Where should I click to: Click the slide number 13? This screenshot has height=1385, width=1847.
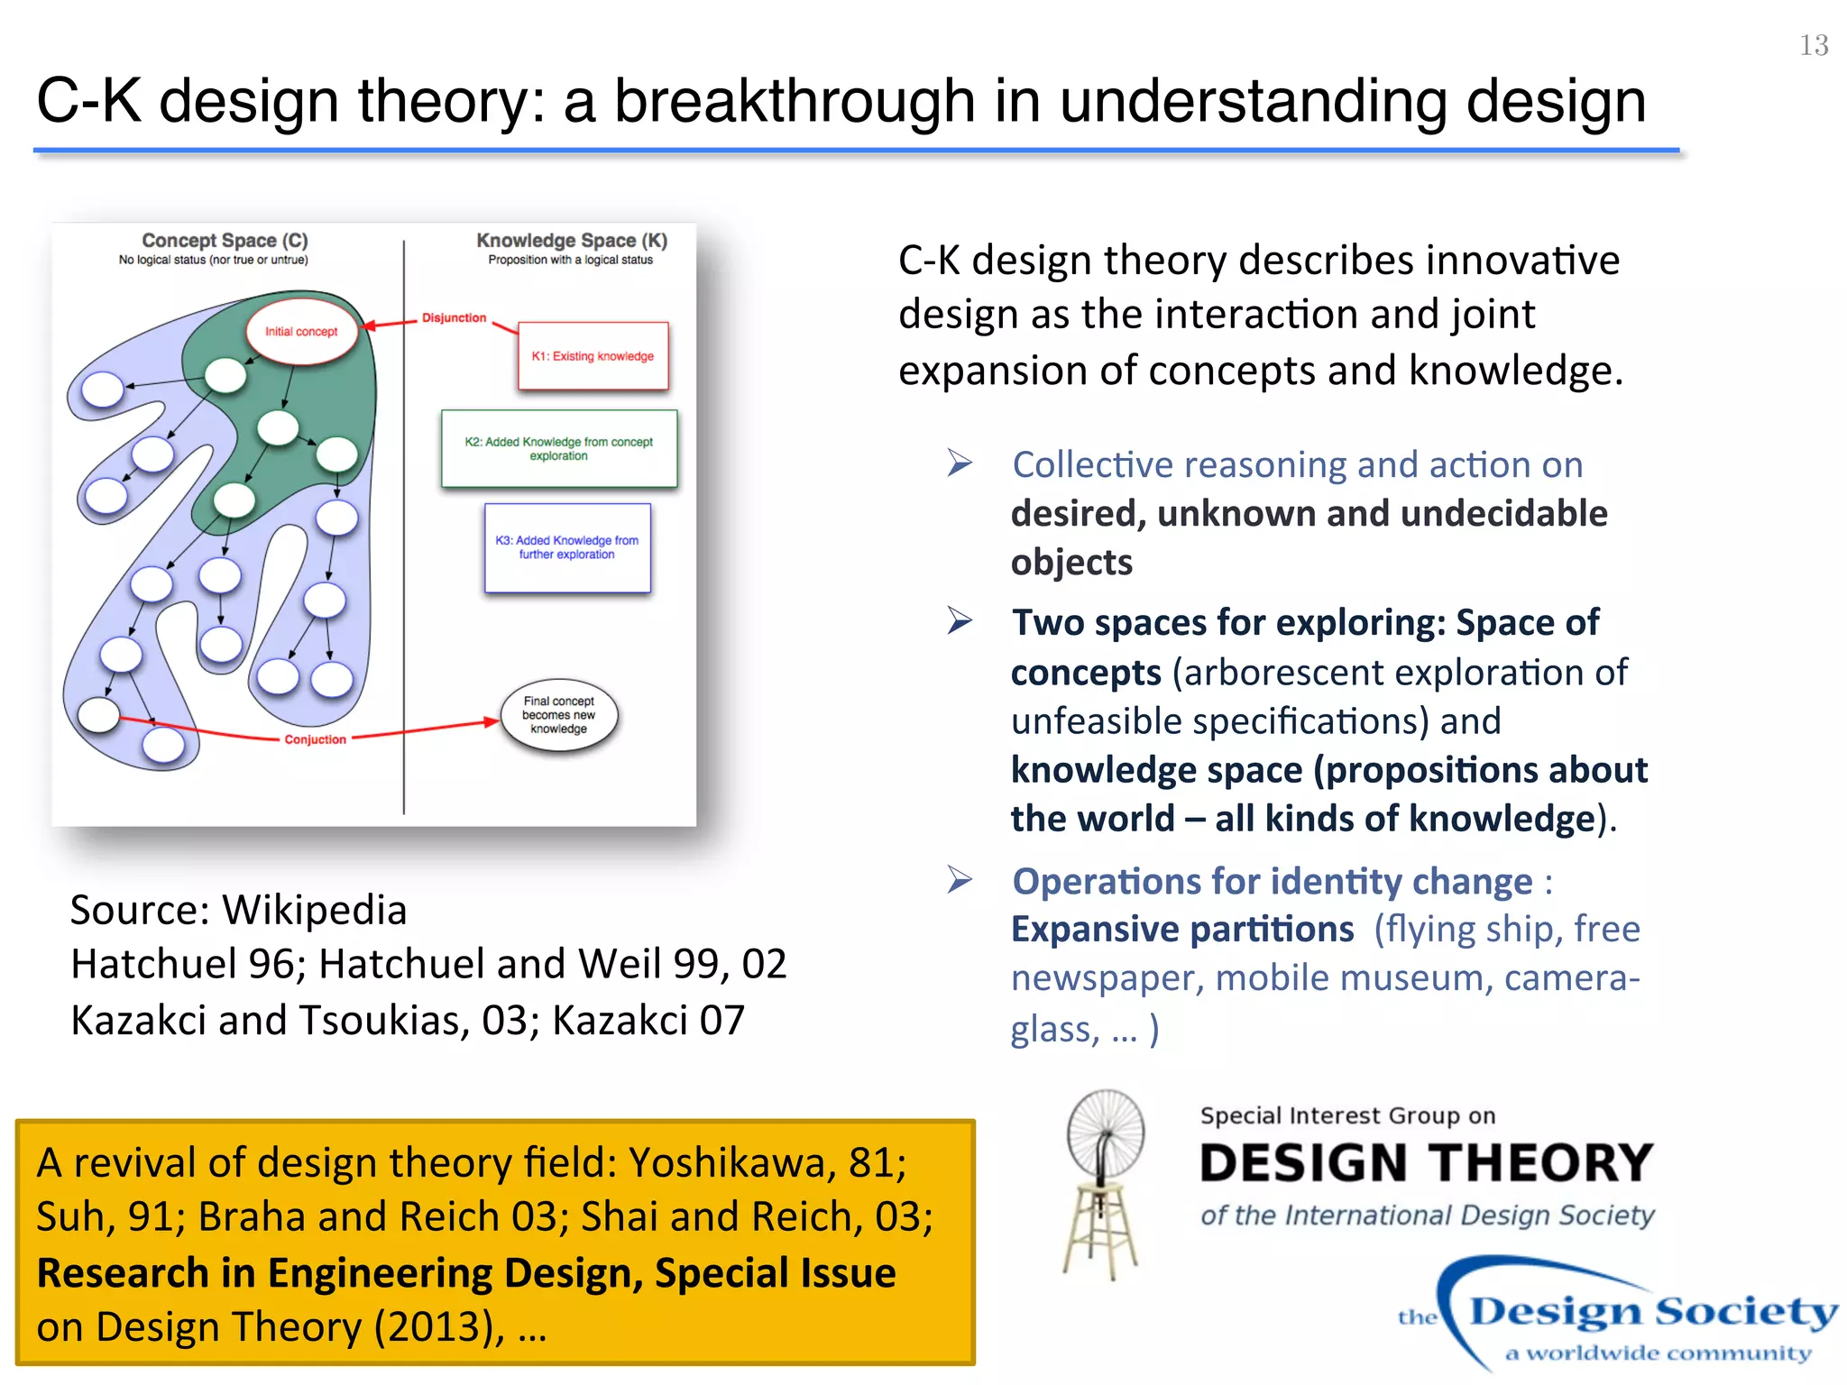pyautogui.click(x=1813, y=45)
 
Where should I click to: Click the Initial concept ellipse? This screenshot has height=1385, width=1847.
pyautogui.click(x=301, y=332)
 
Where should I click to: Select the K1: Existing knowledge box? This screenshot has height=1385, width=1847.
pyautogui.click(x=593, y=356)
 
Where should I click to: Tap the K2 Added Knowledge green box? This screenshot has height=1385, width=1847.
pyautogui.click(x=558, y=449)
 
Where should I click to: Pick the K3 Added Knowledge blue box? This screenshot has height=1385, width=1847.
pyautogui.click(x=566, y=547)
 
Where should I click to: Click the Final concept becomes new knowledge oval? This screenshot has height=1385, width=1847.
pyautogui.click(x=558, y=715)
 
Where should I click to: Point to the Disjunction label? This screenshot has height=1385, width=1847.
pyautogui.click(x=454, y=318)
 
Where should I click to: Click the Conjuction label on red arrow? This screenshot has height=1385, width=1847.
pyautogui.click(x=315, y=739)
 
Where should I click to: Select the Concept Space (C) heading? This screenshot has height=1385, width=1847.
pyautogui.click(x=225, y=241)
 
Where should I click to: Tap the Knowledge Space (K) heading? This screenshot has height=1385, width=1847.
pyautogui.click(x=572, y=241)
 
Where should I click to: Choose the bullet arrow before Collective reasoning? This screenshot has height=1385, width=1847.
pyautogui.click(x=960, y=463)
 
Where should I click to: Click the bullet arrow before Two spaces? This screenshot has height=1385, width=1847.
pyautogui.click(x=960, y=621)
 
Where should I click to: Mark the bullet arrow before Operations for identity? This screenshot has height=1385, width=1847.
pyautogui.click(x=960, y=879)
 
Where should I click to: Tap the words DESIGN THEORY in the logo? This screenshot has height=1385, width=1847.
pyautogui.click(x=1426, y=1163)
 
